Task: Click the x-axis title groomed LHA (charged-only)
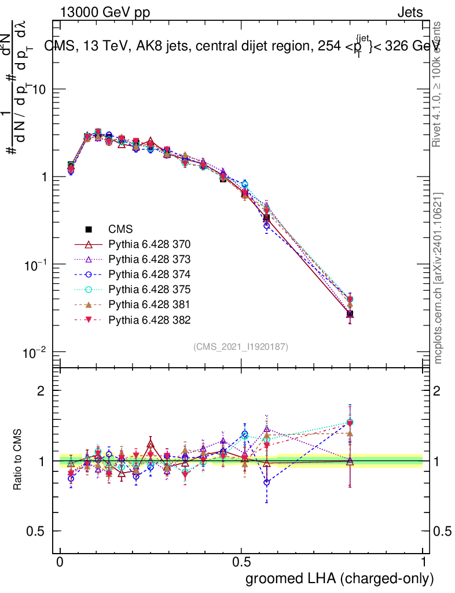340,579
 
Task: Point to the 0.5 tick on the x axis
241,562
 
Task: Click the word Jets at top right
410,12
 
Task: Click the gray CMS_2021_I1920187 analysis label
241,346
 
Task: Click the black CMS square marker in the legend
89,229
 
